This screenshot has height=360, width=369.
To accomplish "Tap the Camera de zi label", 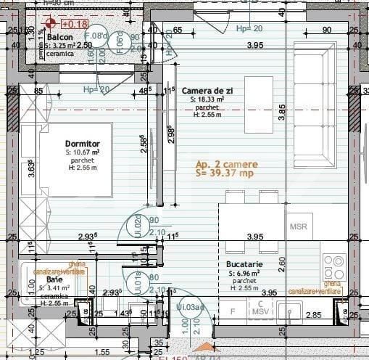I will coord(207,90).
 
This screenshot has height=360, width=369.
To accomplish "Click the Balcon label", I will coord(60,36).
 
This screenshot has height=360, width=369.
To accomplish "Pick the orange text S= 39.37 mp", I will coord(224,173).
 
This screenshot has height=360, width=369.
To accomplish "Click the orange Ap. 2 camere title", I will coord(225,164).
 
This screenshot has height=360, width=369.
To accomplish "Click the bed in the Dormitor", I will coord(65,160).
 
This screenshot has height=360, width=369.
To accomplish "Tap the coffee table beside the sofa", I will coord(258,105).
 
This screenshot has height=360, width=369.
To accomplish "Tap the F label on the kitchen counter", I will coord(232,311).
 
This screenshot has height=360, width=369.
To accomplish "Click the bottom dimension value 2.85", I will coord(312,314).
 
